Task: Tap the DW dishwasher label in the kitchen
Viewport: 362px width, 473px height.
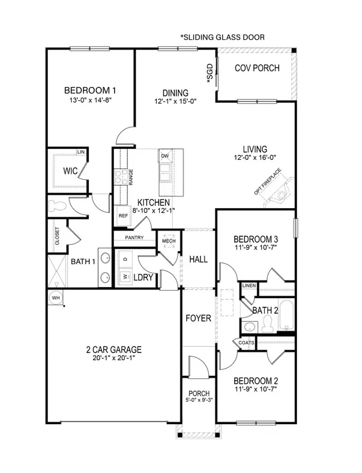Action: [x=165, y=156]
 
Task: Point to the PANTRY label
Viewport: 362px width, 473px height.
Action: [x=134, y=238]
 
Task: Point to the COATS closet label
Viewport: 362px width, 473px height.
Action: [x=247, y=343]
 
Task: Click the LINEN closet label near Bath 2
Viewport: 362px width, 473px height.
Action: [x=249, y=285]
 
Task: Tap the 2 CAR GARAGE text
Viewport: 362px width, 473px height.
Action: [x=113, y=349]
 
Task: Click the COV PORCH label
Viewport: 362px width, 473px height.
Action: [x=257, y=68]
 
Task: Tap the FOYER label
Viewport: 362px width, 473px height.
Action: [x=198, y=318]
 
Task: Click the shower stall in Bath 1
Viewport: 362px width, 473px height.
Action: [x=57, y=271]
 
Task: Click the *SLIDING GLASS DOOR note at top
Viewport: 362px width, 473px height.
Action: [x=222, y=37]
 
